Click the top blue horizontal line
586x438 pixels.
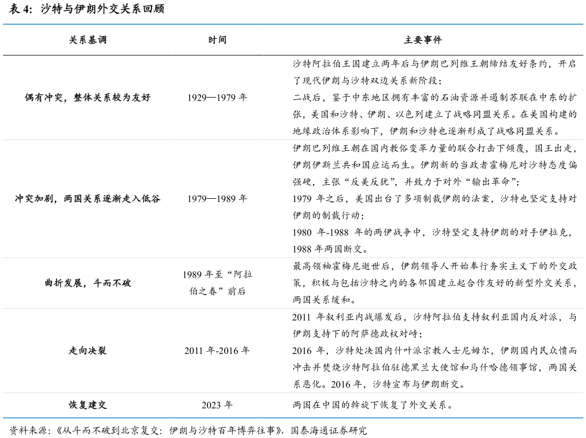point(293,24)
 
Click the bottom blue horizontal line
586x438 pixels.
point(293,418)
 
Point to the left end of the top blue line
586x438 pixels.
point(4,24)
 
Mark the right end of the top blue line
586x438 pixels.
point(582,24)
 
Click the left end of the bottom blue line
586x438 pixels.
point(4,418)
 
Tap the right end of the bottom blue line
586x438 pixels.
point(582,418)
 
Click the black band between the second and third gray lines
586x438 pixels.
point(293,283)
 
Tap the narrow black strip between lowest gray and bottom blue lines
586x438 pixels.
point(293,405)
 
